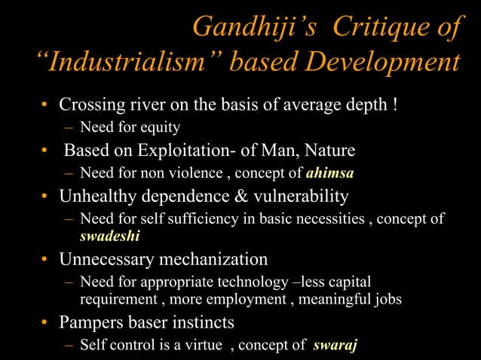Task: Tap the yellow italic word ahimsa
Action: coord(329,173)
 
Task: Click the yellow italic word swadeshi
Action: coord(110,236)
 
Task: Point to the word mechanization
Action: coord(213,260)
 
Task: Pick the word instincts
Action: coord(199,322)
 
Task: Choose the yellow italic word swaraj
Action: coord(337,346)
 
